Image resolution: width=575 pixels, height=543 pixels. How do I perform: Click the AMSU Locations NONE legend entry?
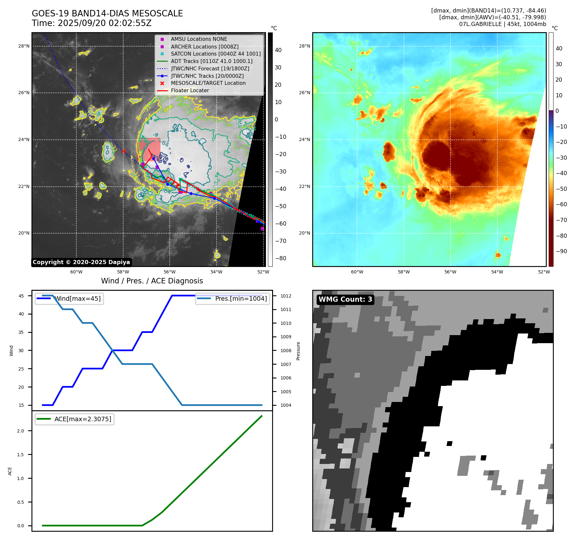[199, 39]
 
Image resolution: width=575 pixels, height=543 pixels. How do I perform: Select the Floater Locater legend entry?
[190, 91]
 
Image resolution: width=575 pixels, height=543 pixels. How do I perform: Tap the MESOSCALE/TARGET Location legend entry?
[208, 83]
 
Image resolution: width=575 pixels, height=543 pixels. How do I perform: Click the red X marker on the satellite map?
[124, 151]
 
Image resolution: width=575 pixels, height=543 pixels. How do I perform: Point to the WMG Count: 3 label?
[345, 299]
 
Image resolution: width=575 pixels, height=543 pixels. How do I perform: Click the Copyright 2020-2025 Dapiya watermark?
[81, 262]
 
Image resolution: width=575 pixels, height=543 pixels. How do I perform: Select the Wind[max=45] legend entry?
[77, 298]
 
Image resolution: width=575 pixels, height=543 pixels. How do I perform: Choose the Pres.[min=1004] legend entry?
[241, 298]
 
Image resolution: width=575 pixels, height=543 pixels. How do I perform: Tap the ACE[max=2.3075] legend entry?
[82, 419]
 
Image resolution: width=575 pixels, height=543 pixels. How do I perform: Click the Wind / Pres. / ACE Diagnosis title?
[152, 281]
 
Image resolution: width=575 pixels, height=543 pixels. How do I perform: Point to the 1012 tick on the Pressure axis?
[286, 296]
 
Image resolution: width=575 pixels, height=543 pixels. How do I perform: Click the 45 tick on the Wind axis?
[21, 296]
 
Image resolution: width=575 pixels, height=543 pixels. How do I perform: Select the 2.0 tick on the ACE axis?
[21, 431]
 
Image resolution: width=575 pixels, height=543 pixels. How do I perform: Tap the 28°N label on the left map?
[24, 46]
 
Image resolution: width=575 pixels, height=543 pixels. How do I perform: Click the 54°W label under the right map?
[497, 272]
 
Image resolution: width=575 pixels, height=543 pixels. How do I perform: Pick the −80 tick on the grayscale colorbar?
[280, 258]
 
